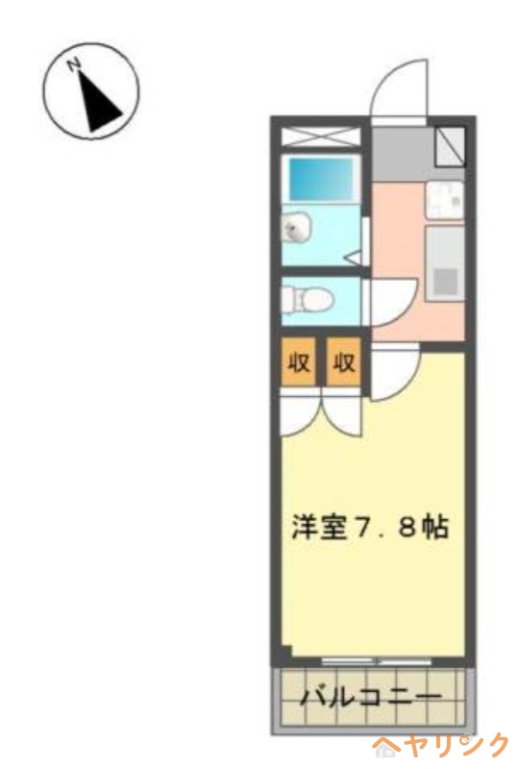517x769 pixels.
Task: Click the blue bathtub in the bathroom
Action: click(322, 179)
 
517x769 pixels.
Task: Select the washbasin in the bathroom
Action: click(296, 228)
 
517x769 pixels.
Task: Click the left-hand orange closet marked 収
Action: click(299, 362)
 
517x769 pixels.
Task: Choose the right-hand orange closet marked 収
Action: click(344, 362)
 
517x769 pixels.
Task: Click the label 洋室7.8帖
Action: click(370, 527)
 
